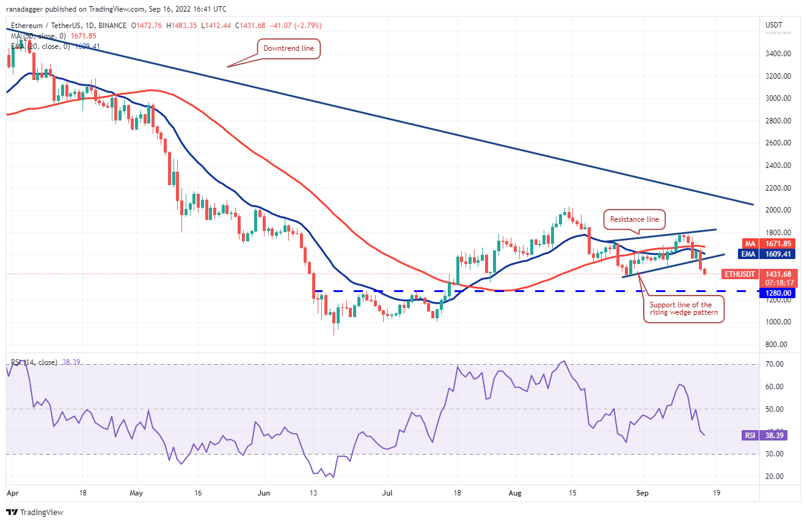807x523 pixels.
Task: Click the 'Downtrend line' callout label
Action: coord(288,48)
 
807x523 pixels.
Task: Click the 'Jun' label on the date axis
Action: coord(264,492)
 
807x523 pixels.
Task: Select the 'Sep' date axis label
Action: coord(641,492)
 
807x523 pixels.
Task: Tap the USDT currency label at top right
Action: coord(774,24)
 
